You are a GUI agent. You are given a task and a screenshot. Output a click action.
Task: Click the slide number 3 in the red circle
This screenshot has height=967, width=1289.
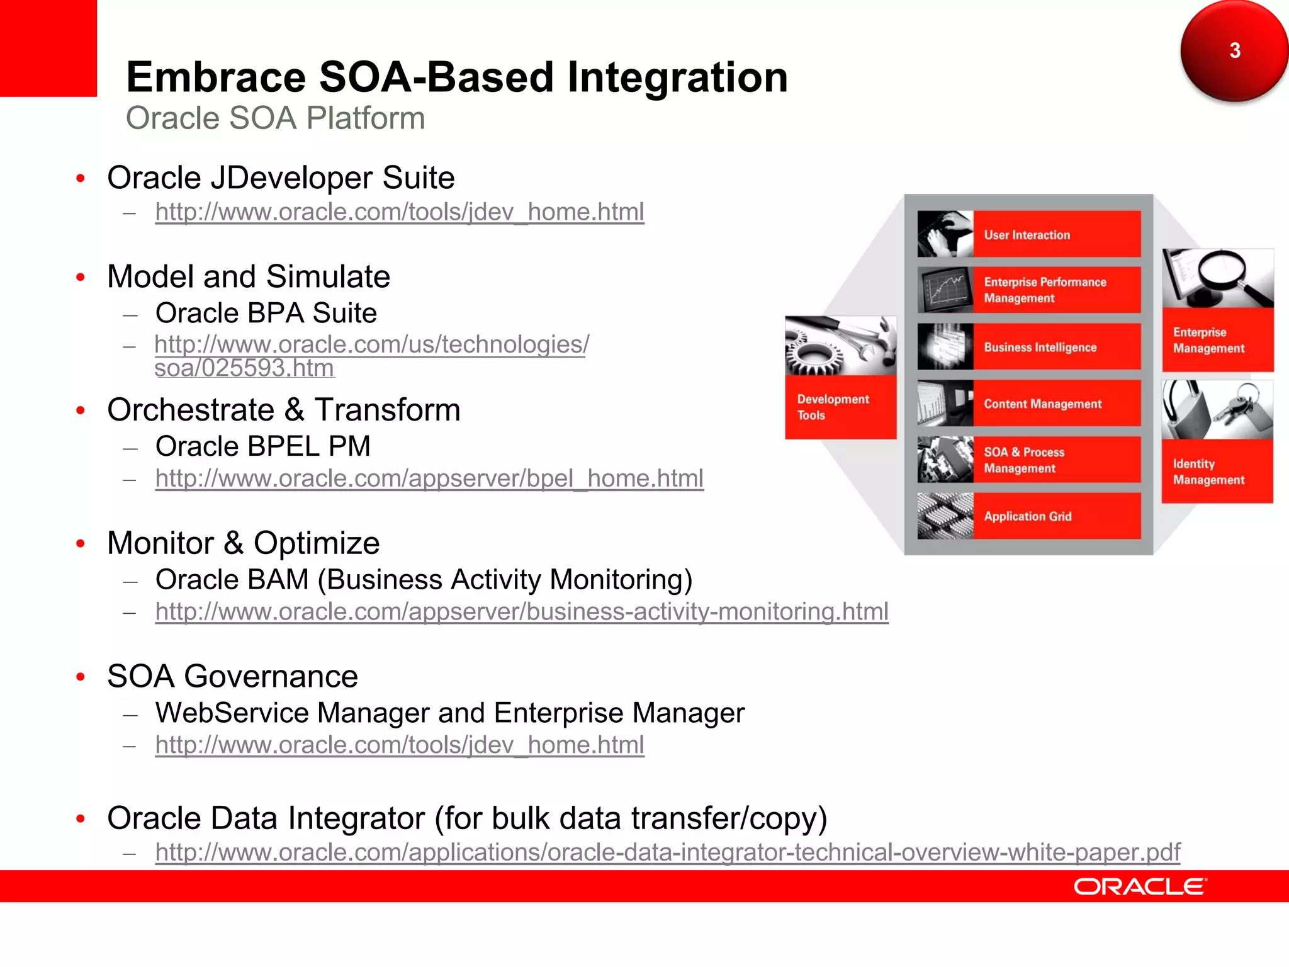point(1234,50)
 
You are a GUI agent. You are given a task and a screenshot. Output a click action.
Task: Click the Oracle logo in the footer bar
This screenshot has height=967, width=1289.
point(1140,886)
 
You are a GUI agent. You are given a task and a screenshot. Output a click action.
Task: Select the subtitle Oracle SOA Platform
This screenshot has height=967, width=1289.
point(275,118)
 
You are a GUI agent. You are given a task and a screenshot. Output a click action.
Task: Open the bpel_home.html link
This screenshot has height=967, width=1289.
point(429,478)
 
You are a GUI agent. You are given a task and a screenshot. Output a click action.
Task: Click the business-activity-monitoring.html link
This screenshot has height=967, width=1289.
point(521,611)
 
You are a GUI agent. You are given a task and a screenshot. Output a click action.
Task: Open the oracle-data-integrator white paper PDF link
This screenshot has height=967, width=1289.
point(667,852)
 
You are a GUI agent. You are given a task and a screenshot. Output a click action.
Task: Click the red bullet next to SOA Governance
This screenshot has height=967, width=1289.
point(80,677)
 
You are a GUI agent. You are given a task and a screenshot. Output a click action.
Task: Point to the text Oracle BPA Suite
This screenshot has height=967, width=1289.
point(266,313)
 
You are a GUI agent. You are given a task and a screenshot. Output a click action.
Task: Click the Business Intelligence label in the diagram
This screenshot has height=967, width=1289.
point(1040,348)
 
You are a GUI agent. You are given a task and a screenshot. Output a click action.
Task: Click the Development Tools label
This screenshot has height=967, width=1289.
point(832,407)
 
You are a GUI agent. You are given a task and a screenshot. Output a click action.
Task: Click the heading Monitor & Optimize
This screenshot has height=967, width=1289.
point(243,543)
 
